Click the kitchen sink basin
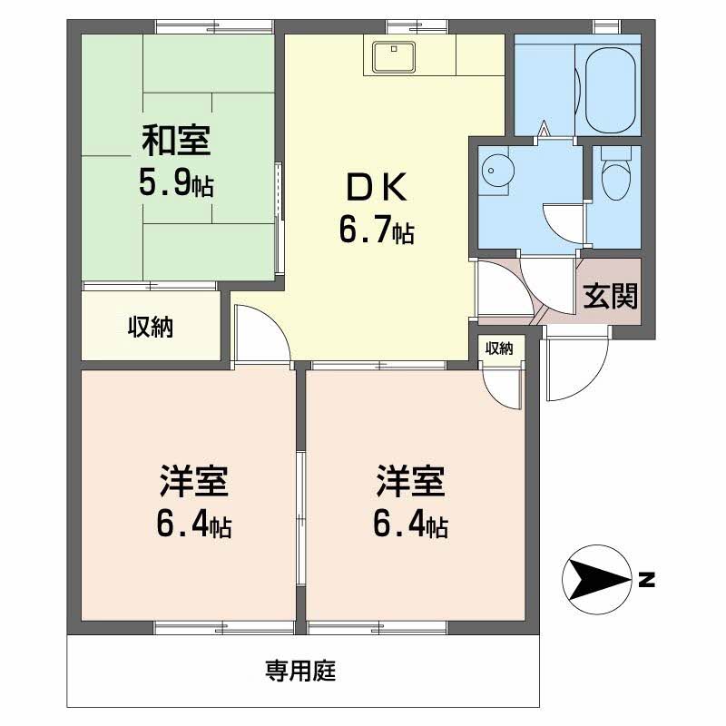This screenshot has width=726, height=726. point(394,56)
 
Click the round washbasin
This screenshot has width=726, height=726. point(497,171)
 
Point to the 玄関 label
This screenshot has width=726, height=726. point(610,297)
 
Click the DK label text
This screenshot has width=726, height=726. point(377,187)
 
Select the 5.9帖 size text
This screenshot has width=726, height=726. point(176,183)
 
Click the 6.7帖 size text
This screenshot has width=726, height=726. point(377,231)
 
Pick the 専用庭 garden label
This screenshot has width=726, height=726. point(300,670)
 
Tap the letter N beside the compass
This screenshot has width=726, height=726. point(646,580)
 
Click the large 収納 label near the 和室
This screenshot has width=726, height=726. point(151,327)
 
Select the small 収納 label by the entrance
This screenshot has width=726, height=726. point(499,348)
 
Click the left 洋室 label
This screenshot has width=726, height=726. point(193,482)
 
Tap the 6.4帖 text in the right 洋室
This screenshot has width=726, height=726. point(410,525)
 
